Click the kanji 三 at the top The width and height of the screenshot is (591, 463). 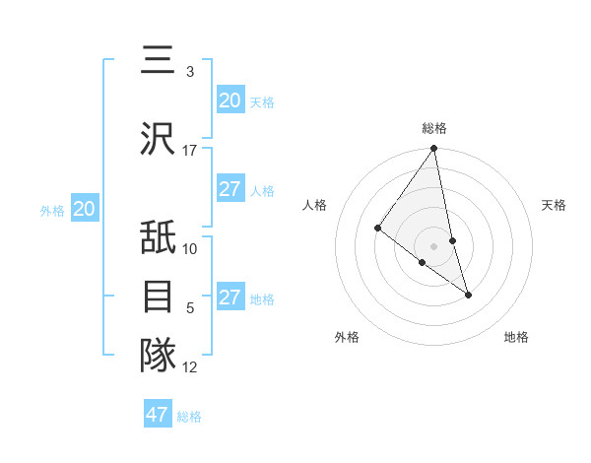coord(159,61)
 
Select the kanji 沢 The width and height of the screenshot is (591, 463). coord(159,138)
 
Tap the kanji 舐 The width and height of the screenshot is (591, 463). coord(159,237)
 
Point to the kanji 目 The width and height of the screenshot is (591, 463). coord(159,296)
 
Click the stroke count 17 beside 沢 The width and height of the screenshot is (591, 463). coord(190,150)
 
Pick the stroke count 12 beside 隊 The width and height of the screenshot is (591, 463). coord(190,367)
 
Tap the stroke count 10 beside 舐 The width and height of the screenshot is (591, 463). coord(190,248)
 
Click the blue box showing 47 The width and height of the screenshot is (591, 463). coord(158,415)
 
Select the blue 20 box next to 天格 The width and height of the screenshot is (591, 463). coord(230,100)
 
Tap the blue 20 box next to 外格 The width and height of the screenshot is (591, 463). coord(85,209)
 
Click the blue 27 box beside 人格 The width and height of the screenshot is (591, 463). coord(230,189)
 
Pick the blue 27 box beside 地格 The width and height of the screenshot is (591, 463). coord(230,298)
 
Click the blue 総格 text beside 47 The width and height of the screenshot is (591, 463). coord(189,417)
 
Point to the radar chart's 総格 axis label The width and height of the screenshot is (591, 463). coord(434,128)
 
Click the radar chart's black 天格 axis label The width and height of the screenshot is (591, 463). coord(554,205)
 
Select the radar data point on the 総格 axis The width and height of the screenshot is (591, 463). coord(434,149)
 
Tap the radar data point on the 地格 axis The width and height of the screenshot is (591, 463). coord(468,295)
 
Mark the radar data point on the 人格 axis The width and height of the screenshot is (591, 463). coord(377,229)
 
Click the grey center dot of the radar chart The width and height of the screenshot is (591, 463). coord(434,245)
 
